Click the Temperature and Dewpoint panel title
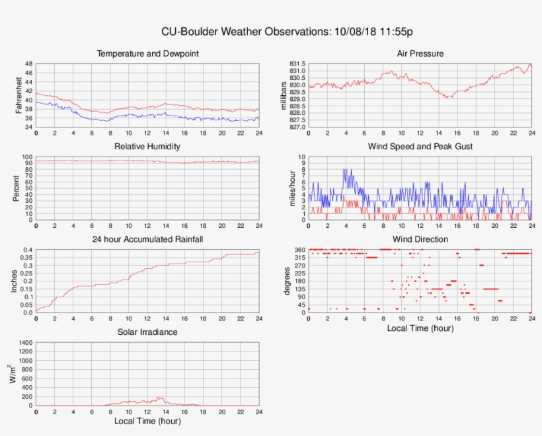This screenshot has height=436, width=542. tap(147, 54)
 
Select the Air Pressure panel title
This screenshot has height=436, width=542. tap(420, 54)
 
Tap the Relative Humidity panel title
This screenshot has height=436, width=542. tap(147, 146)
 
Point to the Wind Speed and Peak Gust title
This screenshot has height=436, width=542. tap(420, 146)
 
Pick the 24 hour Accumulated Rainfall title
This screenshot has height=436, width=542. tap(147, 238)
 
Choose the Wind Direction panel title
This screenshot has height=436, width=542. tap(420, 238)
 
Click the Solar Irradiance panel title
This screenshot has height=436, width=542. tap(147, 332)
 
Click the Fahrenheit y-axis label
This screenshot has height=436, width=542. tap(19, 95)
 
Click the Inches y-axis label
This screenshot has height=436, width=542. tap(15, 281)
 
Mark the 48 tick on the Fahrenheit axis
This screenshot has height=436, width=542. tap(28, 64)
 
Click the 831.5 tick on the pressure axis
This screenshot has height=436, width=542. tap(297, 64)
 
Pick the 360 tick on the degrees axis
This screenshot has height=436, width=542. tap(299, 250)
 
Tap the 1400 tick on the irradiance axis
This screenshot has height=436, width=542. tap(24, 343)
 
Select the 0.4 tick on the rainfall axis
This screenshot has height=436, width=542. tap(27, 250)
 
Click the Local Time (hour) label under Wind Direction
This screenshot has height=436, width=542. tap(420, 328)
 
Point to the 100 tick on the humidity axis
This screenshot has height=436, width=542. tap(27, 157)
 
